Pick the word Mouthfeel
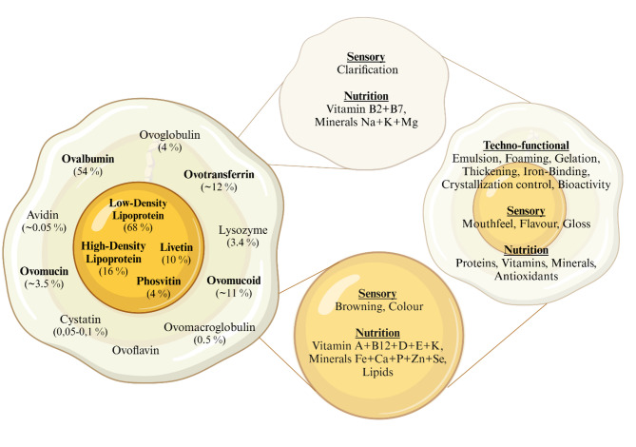[x=505, y=223]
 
